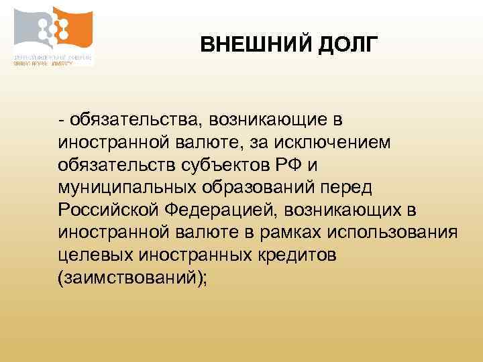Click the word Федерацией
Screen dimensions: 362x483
[221, 210]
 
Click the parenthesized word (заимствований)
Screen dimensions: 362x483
[131, 278]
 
